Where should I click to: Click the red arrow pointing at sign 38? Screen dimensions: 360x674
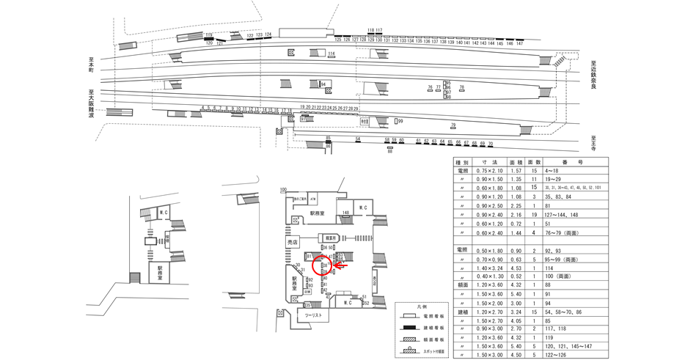point(340,266)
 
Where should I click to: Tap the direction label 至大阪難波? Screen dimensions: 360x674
point(92,103)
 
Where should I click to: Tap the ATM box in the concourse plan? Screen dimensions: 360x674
point(312,199)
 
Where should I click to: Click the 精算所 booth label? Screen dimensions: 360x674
point(331,238)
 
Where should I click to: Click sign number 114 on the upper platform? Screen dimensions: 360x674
point(331,54)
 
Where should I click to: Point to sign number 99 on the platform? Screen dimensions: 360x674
point(400,121)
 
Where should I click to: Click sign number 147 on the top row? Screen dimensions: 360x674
point(519,44)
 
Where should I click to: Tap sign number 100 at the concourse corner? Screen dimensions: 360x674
point(282,190)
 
